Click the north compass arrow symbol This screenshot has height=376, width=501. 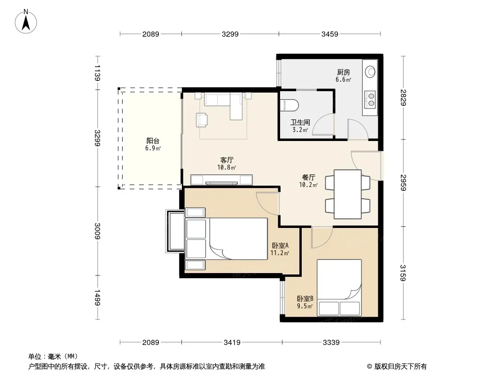click(x=26, y=22)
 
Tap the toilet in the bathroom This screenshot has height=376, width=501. click(x=289, y=105)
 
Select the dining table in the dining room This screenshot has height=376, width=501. click(x=348, y=194)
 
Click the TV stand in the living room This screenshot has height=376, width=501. click(x=221, y=180)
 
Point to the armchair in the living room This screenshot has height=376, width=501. click(x=202, y=120)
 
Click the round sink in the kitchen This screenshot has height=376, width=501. click(x=371, y=71)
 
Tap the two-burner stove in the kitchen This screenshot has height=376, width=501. click(x=371, y=99)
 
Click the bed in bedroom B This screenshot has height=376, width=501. click(x=339, y=288)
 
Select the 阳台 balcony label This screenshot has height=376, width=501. click(x=153, y=141)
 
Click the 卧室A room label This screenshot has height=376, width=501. click(x=280, y=245)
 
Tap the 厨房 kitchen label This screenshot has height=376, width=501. click(x=343, y=72)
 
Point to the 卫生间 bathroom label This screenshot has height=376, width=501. click(x=300, y=122)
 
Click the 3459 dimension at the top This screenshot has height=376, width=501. click(x=330, y=34)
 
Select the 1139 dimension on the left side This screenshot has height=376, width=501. click(x=97, y=73)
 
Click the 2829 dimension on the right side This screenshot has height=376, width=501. click(x=403, y=98)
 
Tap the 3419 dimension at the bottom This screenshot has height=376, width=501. click(x=232, y=343)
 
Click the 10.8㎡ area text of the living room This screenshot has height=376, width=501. click(x=227, y=167)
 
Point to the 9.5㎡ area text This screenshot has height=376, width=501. click(x=305, y=306)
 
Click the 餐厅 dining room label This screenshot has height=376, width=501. click(x=309, y=177)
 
